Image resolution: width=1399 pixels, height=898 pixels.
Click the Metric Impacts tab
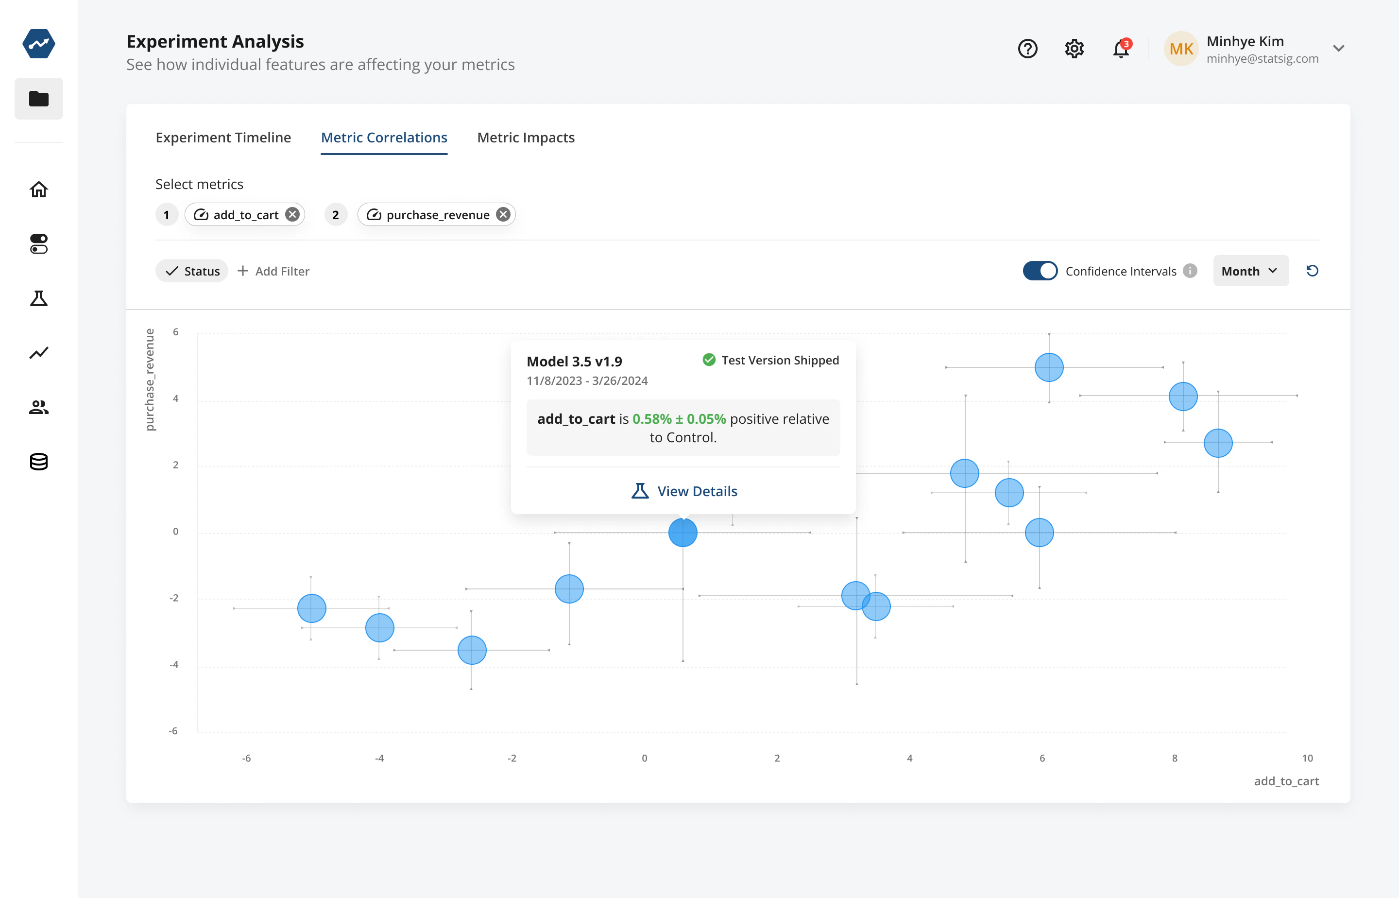525,138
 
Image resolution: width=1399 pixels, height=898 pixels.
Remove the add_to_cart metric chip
292,215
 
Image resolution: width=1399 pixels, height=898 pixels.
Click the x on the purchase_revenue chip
503,215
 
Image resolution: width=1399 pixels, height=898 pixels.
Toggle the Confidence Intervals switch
1040,271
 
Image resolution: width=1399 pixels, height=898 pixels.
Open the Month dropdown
1250,271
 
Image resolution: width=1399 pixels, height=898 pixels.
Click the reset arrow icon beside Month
1312,271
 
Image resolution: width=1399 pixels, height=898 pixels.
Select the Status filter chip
192,271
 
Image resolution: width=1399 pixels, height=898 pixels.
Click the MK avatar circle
1181,49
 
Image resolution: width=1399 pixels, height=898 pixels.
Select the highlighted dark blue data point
682,533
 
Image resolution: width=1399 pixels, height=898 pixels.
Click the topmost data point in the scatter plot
1049,367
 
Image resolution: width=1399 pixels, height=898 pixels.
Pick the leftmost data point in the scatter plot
312,608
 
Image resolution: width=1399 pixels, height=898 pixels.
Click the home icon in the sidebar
38,190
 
